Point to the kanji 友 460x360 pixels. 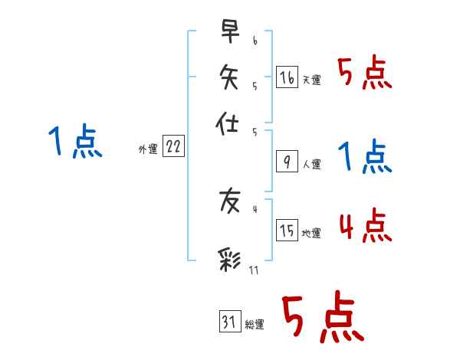tap(229, 201)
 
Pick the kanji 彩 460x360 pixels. tap(229, 260)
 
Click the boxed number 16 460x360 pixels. tap(287, 77)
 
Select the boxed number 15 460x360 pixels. tap(287, 231)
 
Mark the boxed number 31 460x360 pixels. tap(229, 322)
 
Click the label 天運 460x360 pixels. tap(311, 80)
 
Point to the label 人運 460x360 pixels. tap(311, 164)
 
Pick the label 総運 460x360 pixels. tap(255, 325)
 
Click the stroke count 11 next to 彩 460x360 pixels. tap(254, 270)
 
